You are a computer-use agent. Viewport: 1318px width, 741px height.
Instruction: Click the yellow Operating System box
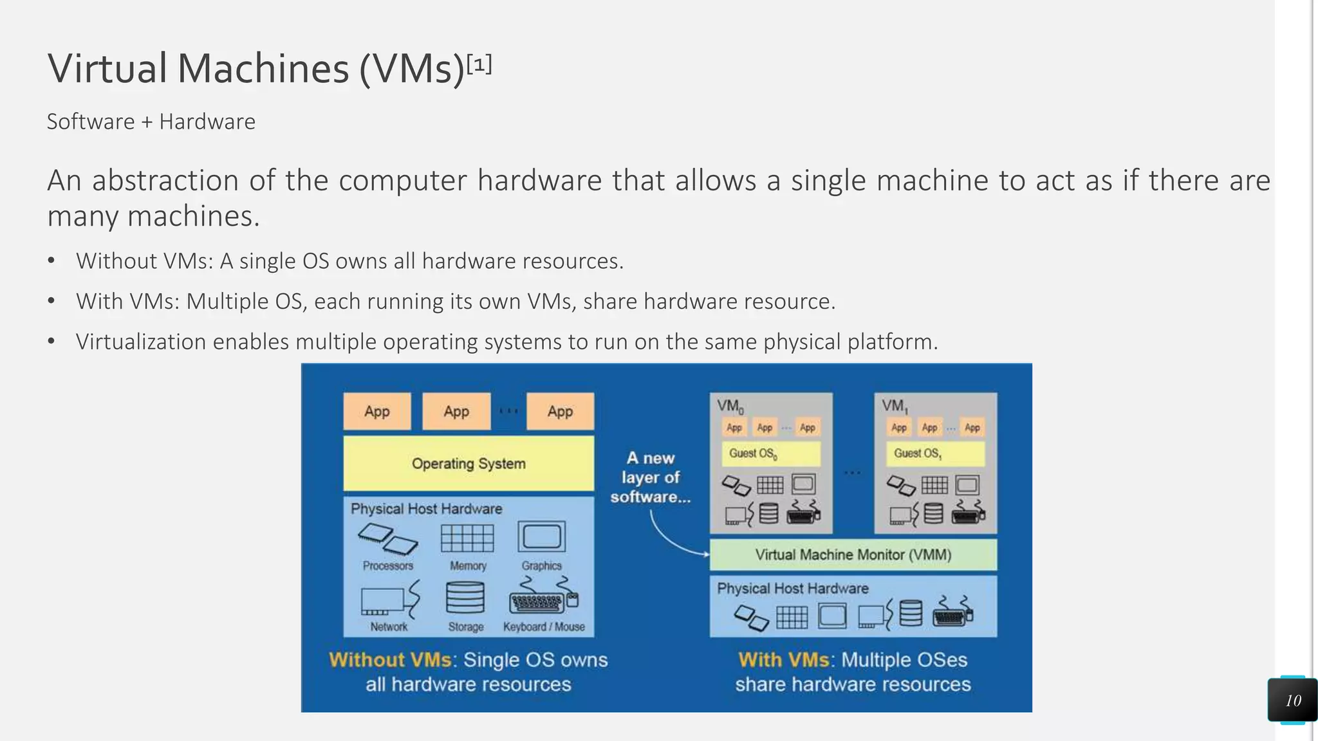tap(469, 463)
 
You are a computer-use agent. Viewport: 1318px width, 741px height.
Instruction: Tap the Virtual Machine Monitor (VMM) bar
tap(853, 554)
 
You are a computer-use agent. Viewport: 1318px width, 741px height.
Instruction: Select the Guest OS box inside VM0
tap(770, 453)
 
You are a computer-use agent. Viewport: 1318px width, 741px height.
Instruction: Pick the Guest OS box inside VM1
tap(935, 453)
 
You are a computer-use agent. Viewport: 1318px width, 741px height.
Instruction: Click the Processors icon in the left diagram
tap(388, 538)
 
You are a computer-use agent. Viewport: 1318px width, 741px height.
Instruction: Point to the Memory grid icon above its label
tap(467, 538)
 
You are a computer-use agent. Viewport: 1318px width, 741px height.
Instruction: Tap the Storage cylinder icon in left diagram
tap(465, 598)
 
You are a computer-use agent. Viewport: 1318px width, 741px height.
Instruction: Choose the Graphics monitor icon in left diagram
tap(542, 537)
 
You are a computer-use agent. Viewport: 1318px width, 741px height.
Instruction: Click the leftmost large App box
tap(377, 411)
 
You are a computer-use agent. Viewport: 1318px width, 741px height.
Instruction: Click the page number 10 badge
tap(1292, 700)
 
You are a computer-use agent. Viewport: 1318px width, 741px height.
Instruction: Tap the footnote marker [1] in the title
tap(479, 64)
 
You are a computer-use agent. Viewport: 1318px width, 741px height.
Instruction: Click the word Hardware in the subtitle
tap(207, 122)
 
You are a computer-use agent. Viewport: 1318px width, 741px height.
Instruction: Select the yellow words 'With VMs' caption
tap(783, 660)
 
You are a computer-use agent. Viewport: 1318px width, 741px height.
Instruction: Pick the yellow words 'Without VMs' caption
tap(390, 660)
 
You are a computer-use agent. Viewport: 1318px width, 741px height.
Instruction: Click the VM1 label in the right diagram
tap(895, 406)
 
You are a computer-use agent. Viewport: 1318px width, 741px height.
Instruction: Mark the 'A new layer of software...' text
tap(650, 477)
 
